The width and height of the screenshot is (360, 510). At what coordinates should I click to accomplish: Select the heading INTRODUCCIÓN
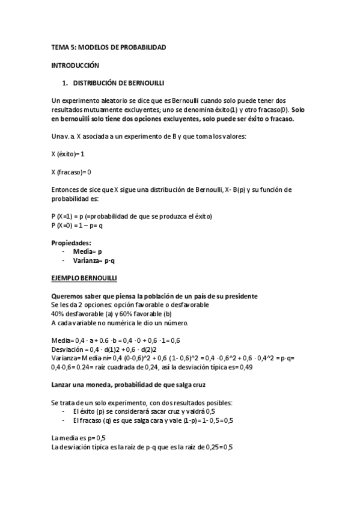pyautogui.click(x=75, y=64)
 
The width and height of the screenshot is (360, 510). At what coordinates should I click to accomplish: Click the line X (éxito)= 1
pyautogui.click(x=69, y=154)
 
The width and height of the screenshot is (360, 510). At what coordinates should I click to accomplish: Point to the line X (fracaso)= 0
pyautogui.click(x=72, y=172)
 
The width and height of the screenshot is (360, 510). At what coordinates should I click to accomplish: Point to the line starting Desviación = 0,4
pyautogui.click(x=104, y=349)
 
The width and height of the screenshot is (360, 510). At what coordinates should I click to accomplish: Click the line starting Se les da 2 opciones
pyautogui.click(x=130, y=305)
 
